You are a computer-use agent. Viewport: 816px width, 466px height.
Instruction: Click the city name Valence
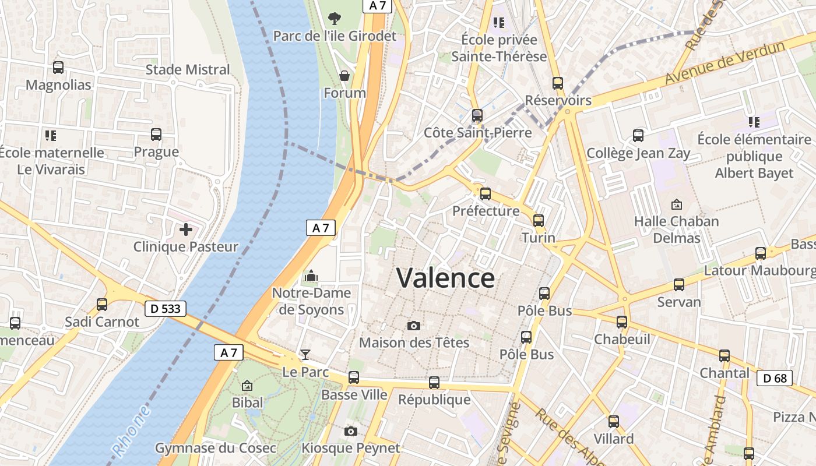tap(446, 278)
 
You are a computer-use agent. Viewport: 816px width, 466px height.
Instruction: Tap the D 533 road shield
tap(165, 309)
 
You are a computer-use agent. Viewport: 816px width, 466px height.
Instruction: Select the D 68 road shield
tap(775, 378)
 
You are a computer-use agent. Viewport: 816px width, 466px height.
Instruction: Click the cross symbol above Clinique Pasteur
tap(186, 230)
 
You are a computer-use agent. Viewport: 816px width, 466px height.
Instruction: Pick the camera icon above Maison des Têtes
tap(414, 326)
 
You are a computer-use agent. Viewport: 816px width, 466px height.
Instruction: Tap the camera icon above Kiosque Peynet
tap(350, 431)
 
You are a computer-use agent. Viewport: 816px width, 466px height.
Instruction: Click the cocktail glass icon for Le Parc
tap(305, 354)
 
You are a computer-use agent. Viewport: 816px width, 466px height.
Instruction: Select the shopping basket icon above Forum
tap(344, 76)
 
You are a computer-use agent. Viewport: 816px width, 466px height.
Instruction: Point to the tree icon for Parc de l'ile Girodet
tap(335, 19)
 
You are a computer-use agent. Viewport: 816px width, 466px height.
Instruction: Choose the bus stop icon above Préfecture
tap(485, 194)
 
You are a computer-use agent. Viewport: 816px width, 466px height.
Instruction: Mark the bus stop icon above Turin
tap(538, 221)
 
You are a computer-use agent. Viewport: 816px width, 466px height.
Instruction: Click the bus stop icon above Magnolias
tap(58, 68)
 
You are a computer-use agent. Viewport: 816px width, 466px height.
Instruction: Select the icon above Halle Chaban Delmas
tap(676, 204)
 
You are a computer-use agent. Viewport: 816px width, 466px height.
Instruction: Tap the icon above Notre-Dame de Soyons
tap(311, 276)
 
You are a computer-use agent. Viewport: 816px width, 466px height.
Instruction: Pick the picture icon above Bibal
tap(247, 386)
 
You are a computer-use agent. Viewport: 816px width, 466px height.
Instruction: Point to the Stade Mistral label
tap(188, 70)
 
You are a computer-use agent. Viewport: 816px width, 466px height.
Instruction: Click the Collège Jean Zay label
tap(638, 153)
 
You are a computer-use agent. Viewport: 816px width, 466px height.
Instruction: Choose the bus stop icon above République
tap(434, 383)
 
